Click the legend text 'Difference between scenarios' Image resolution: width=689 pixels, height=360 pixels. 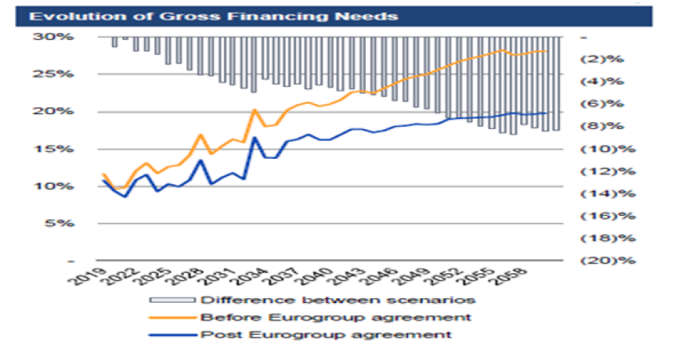pos(339,300)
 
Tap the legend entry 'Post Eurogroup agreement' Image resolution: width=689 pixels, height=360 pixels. pos(326,334)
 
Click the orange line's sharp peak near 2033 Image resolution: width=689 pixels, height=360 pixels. pos(254,110)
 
